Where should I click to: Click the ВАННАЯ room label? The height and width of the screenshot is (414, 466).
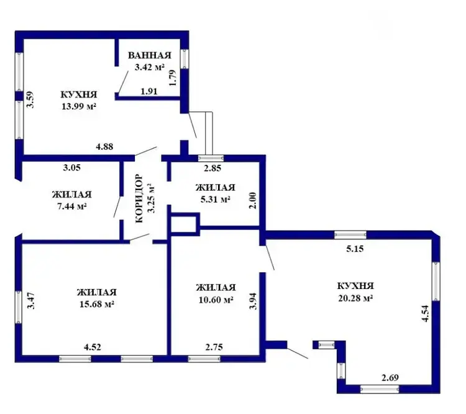point(150,55)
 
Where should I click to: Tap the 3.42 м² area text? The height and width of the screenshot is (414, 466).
point(150,67)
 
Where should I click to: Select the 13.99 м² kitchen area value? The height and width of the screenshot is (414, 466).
point(79,106)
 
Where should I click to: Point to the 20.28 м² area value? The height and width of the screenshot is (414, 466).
point(355,298)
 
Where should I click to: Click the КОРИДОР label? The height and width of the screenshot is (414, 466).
point(139,198)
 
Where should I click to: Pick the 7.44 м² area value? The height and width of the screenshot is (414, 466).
point(72,206)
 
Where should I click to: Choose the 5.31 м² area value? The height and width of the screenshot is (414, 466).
point(216,200)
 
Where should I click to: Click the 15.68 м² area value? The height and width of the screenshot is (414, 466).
point(97,304)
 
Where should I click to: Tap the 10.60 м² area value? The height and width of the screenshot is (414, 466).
point(216,300)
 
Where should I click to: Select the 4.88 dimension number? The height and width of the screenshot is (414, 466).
point(104,147)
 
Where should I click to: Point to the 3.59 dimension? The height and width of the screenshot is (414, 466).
point(30,99)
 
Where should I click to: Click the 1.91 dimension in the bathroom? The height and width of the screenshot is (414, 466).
point(149,91)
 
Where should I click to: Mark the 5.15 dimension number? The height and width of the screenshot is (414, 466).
point(355,249)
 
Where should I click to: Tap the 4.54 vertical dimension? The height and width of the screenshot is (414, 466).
point(425,313)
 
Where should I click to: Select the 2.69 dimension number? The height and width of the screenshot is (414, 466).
point(390,378)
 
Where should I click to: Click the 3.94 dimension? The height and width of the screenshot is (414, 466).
point(253,301)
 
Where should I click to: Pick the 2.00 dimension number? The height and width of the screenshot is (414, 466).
point(252,200)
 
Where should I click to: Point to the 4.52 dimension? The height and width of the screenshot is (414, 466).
point(93,347)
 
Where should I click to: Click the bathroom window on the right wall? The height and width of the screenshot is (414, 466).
point(185,58)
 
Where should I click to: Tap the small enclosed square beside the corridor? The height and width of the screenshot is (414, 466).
point(183,224)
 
